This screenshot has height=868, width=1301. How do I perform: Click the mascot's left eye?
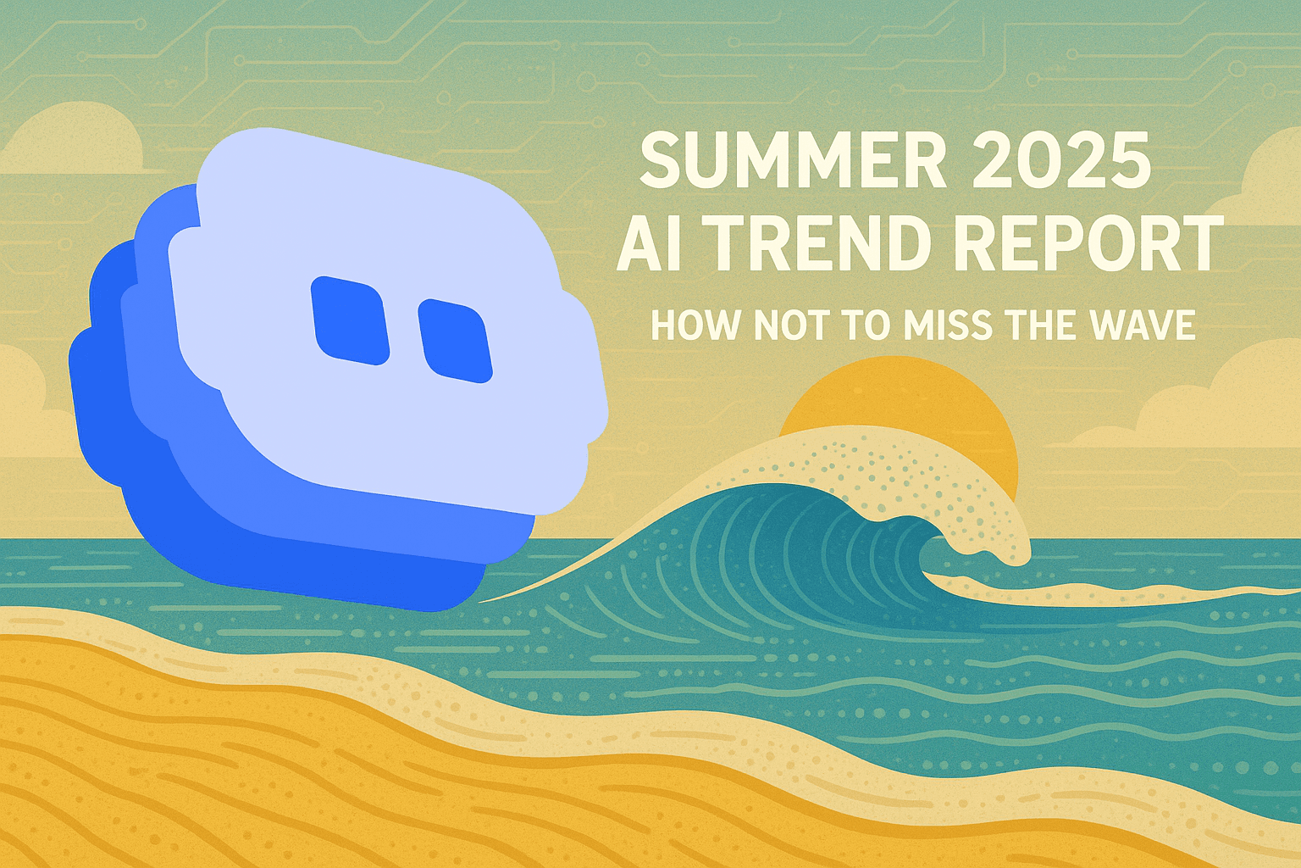pos(350,321)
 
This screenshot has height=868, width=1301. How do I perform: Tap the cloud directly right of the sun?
pos(1186,407)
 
